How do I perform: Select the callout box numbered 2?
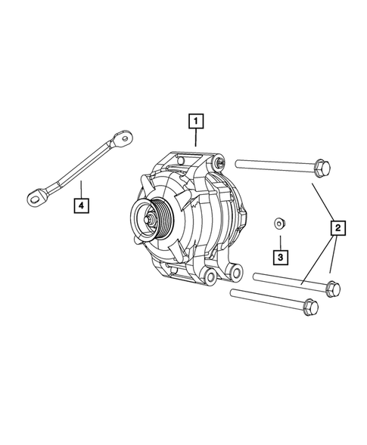click(x=337, y=227)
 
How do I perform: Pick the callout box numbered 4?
click(x=79, y=203)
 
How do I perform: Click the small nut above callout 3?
click(x=279, y=223)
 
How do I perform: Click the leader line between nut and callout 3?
click(x=280, y=240)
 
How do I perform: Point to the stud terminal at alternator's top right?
click(x=219, y=161)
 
